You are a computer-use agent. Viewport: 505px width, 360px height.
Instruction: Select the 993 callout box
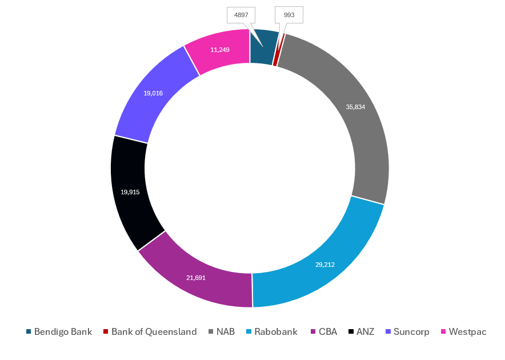pos(289,15)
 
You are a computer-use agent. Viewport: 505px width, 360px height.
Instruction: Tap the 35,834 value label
pos(355,107)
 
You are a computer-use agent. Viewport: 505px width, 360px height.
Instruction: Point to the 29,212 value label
pos(325,265)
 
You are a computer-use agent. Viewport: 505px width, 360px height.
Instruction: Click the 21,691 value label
pos(196,278)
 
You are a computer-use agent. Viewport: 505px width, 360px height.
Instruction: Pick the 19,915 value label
pos(130,192)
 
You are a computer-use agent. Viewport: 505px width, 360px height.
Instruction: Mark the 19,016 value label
pos(153,93)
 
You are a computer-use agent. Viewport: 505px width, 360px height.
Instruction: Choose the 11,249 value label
pos(220,50)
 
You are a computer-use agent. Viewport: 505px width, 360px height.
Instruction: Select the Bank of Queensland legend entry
pos(150,331)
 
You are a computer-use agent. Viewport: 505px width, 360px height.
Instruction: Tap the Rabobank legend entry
pos(271,331)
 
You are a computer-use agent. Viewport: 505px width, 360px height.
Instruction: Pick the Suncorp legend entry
pos(407,331)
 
